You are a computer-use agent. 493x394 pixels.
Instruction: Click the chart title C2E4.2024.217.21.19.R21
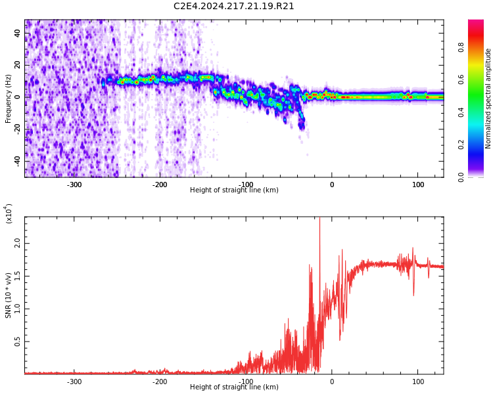(233, 7)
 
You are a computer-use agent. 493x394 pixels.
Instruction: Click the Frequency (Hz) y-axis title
(9, 98)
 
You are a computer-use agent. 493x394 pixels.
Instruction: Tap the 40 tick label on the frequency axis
(18, 33)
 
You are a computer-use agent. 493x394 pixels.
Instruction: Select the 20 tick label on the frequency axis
(18, 65)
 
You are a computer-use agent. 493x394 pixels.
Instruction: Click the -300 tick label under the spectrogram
(74, 185)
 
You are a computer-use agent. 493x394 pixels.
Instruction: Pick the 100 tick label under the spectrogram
(417, 185)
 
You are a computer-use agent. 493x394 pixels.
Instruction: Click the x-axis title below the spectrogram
(233, 190)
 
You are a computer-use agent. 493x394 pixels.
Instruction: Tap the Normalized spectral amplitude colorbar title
(488, 98)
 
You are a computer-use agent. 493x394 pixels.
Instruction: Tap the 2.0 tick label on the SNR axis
(18, 244)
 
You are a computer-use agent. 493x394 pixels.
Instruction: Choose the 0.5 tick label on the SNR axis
(18, 342)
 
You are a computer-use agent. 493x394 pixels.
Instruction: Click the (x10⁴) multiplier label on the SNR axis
(9, 214)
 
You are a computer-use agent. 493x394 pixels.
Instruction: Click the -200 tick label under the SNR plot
(160, 382)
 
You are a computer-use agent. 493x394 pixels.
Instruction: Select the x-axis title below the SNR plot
(233, 387)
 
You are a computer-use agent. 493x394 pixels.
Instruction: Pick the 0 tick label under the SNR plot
(331, 382)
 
